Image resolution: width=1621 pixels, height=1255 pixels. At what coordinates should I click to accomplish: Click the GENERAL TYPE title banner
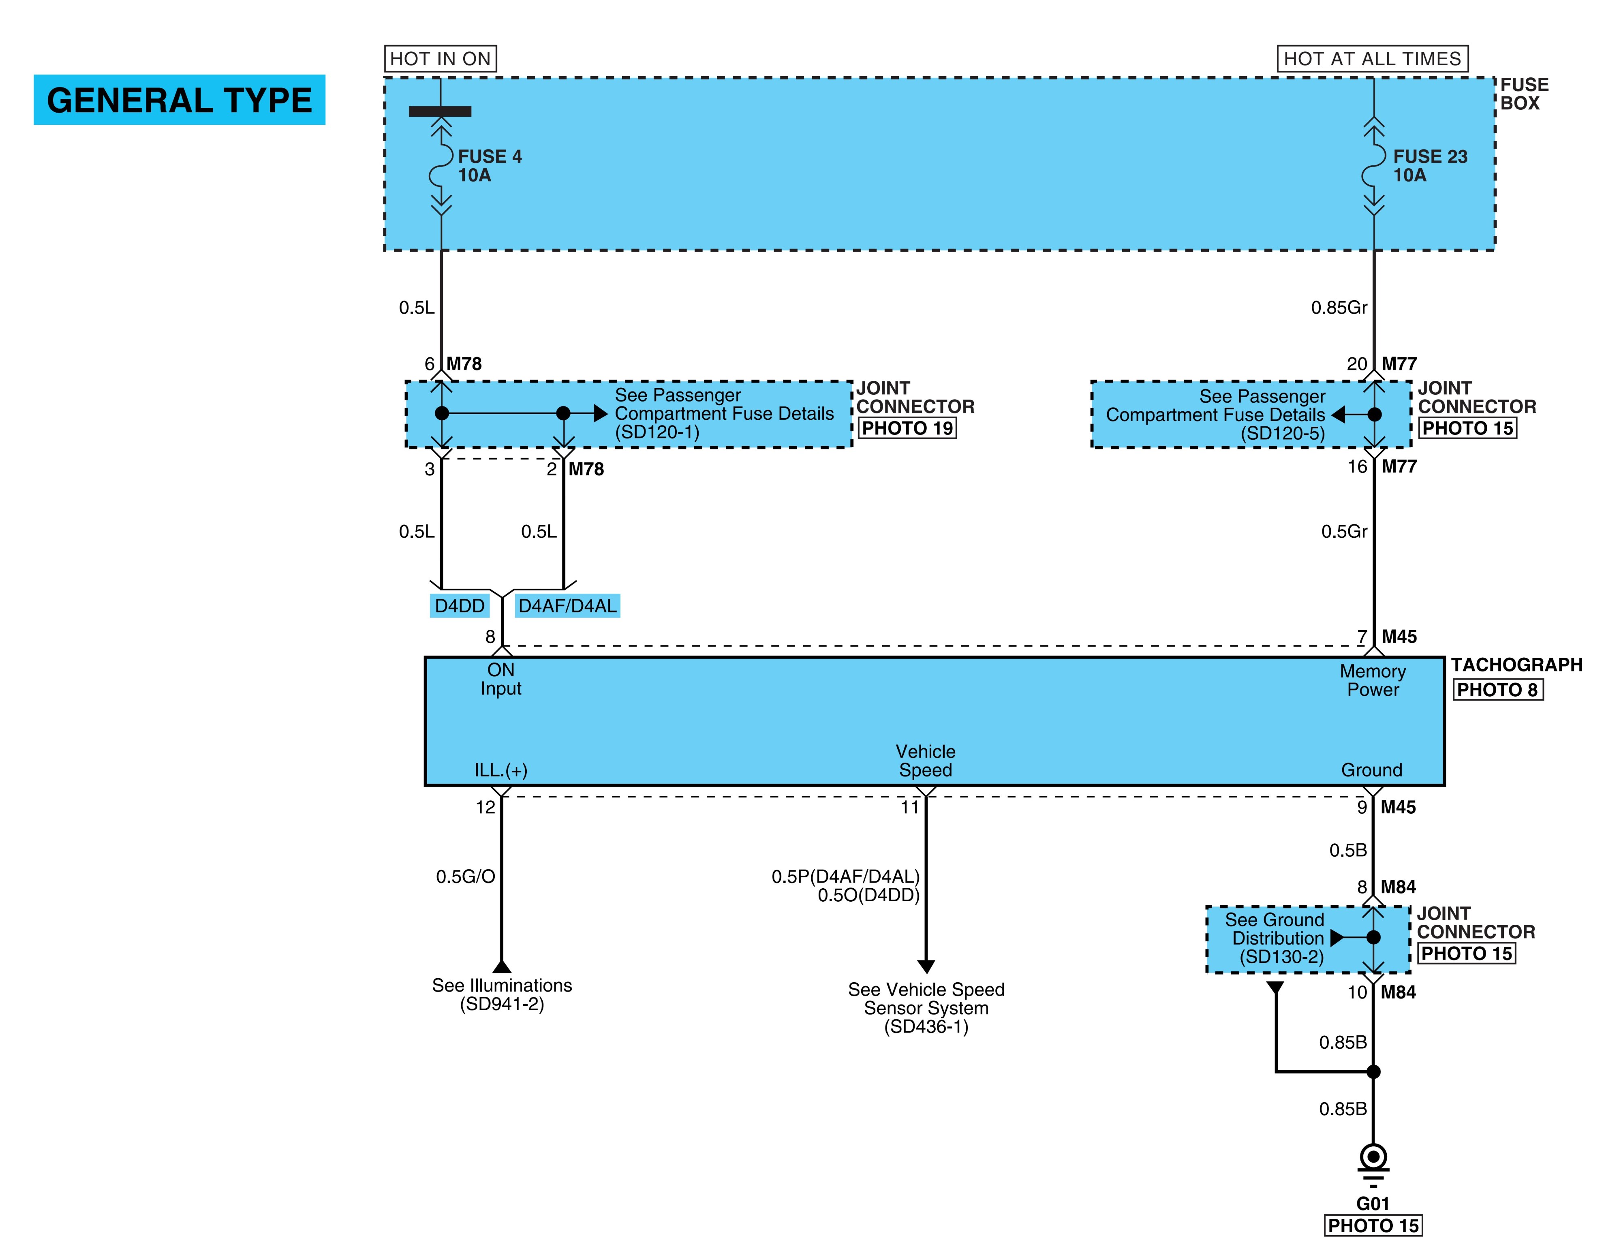[x=180, y=99]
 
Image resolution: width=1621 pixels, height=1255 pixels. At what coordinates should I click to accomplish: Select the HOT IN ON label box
[x=440, y=59]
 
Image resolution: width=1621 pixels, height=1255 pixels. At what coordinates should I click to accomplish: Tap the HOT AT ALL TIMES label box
[x=1372, y=59]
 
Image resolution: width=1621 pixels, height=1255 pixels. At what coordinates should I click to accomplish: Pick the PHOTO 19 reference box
[x=907, y=428]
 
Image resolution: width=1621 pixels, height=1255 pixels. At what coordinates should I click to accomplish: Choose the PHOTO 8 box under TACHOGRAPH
[x=1498, y=689]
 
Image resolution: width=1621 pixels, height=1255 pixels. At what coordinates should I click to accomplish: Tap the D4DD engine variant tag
[x=460, y=605]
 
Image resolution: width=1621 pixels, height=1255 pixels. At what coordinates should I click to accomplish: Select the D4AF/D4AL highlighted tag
[x=567, y=605]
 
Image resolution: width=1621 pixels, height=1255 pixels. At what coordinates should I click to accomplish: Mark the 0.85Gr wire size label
[x=1339, y=307]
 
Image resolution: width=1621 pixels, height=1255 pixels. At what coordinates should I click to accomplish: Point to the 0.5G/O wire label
[x=465, y=877]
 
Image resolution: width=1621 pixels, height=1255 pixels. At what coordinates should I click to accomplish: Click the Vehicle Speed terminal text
[x=926, y=761]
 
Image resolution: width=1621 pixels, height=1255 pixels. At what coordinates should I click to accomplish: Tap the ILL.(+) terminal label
[x=501, y=770]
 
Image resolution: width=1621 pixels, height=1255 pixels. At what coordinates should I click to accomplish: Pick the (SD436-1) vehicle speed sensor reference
[x=926, y=1026]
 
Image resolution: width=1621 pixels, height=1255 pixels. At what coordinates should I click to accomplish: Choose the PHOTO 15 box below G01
[x=1373, y=1225]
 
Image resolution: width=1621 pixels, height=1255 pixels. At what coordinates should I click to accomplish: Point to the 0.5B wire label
[x=1348, y=850]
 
